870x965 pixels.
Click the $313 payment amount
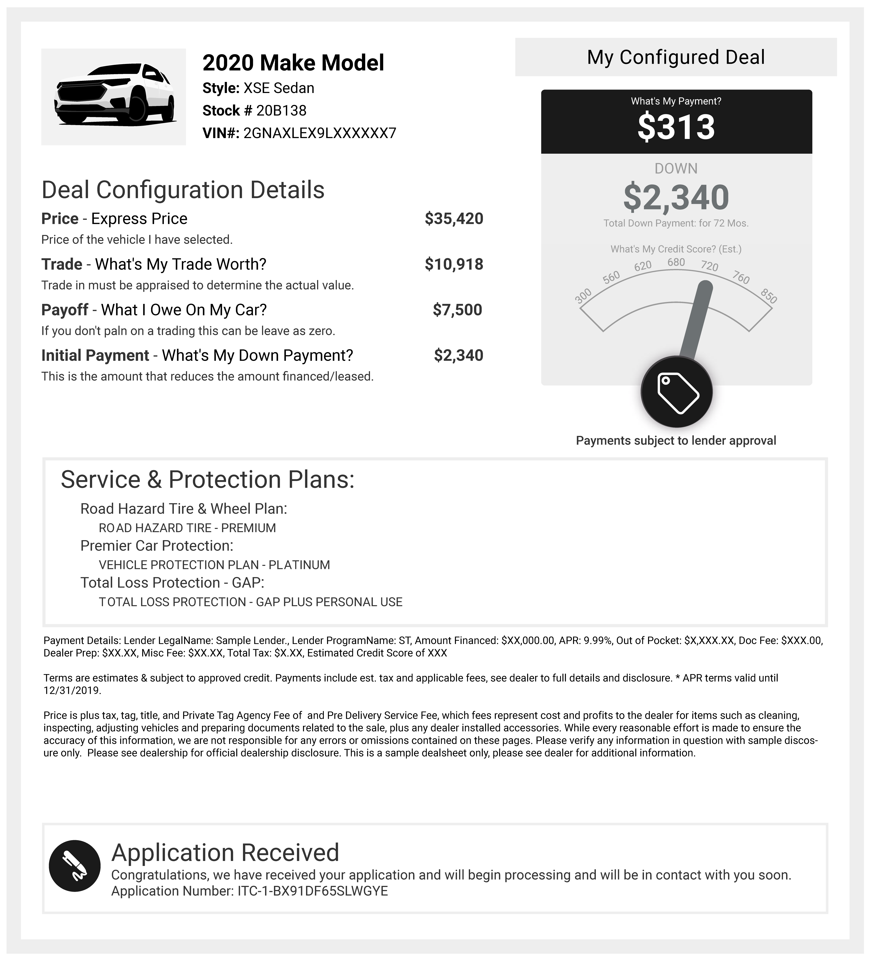pyautogui.click(x=676, y=127)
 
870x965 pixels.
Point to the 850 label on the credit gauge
pyautogui.click(x=769, y=296)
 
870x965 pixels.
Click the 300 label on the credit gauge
pyautogui.click(x=583, y=296)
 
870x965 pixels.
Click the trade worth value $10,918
pyautogui.click(x=454, y=264)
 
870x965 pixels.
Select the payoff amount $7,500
pyautogui.click(x=457, y=310)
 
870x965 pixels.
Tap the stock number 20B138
pyautogui.click(x=281, y=110)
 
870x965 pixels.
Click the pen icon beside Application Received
pyautogui.click(x=75, y=866)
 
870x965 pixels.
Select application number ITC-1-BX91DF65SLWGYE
pyautogui.click(x=313, y=891)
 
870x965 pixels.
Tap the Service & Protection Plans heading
pyautogui.click(x=207, y=479)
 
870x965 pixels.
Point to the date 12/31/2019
pyautogui.click(x=72, y=690)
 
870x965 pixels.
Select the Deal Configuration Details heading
pyautogui.click(x=183, y=190)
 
